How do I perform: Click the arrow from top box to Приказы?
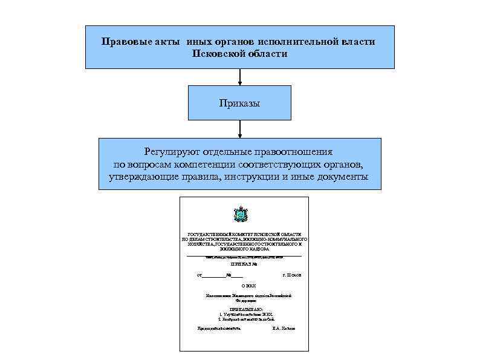[x=240, y=77]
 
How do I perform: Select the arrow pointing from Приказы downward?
[x=240, y=129]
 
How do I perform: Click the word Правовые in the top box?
[x=126, y=42]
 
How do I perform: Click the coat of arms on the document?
[x=239, y=215]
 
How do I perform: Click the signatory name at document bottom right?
[x=284, y=328]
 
